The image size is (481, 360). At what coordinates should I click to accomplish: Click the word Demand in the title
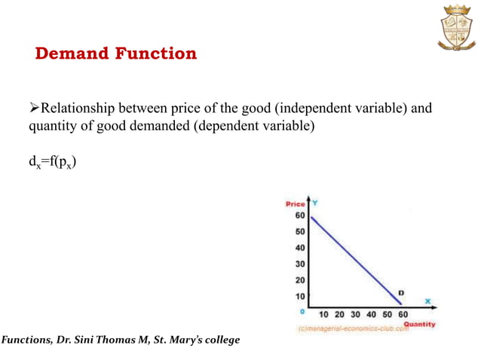tap(71, 53)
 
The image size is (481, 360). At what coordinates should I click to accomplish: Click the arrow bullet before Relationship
tap(33, 108)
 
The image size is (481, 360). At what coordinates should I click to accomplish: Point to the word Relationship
tap(76, 108)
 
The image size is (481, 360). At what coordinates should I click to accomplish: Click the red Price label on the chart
tap(296, 204)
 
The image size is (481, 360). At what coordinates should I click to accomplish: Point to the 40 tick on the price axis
tap(299, 248)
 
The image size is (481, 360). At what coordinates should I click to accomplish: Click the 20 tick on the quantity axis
tap(339, 314)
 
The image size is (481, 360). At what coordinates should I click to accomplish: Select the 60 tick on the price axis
tap(299, 215)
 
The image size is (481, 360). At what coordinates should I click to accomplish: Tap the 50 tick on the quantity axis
tap(388, 314)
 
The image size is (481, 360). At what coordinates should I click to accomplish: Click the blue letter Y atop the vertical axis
tap(314, 203)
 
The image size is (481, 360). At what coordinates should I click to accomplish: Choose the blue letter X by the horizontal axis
tap(427, 301)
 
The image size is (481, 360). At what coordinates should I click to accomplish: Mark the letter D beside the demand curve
tap(400, 292)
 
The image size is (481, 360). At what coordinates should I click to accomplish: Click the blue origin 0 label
tap(301, 310)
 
